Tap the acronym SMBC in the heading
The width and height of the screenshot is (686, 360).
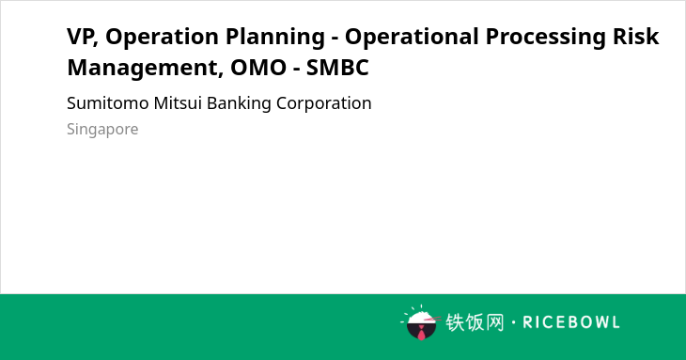(337, 68)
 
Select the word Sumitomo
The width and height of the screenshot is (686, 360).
(108, 103)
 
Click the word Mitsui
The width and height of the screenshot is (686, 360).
(178, 103)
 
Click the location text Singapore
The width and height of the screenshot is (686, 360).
(102, 130)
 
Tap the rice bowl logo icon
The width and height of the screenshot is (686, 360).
(421, 322)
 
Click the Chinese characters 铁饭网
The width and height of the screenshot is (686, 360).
(475, 322)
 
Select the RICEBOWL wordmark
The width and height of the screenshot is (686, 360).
(571, 322)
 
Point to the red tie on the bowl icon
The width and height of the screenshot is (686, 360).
(421, 333)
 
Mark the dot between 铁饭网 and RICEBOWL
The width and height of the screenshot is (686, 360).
(514, 322)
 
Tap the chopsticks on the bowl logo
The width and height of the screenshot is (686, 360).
(432, 320)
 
